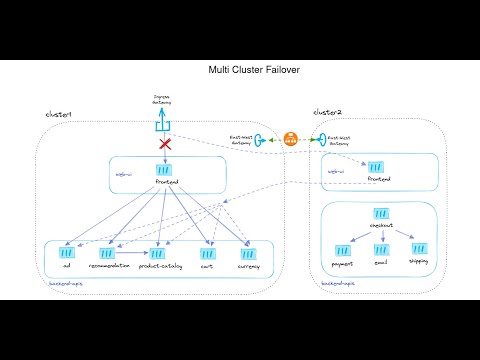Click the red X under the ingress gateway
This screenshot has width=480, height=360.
tap(162, 144)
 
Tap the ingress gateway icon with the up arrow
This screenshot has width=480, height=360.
tap(161, 124)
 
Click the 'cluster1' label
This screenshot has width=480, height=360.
tap(60, 114)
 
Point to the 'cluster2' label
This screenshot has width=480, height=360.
tap(329, 112)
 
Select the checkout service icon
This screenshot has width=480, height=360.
tap(381, 214)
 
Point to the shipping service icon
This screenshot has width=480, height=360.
tap(419, 247)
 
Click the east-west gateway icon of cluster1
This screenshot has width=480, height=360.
tap(270, 140)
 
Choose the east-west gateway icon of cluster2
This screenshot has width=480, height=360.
tap(314, 140)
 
